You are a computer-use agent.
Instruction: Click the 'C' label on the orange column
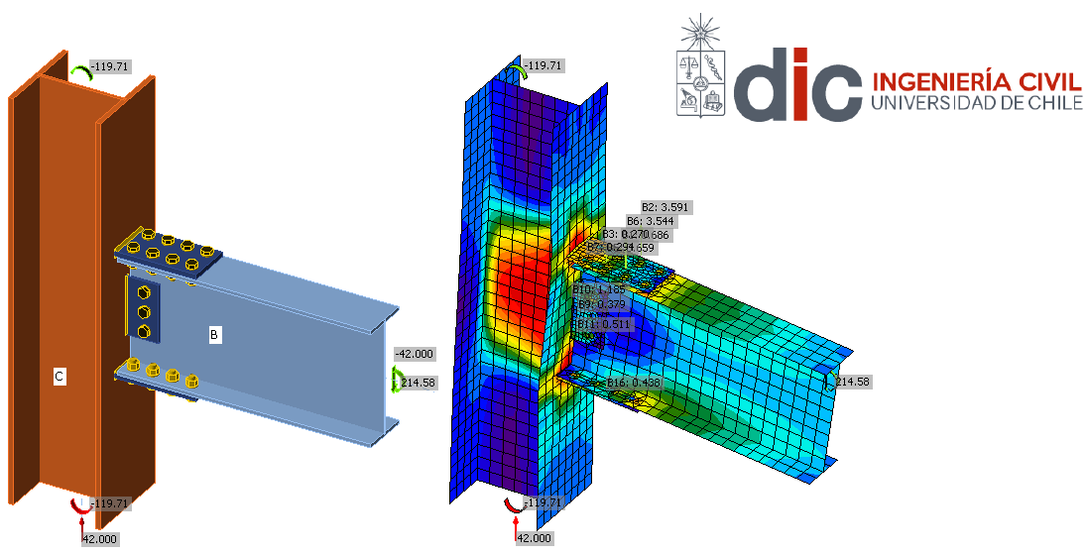(x=60, y=377)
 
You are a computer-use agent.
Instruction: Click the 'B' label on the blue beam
(x=214, y=335)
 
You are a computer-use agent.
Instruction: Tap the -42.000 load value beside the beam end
(x=415, y=354)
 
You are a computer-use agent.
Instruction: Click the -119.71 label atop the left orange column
(x=109, y=66)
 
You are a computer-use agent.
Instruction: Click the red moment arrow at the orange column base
(x=79, y=506)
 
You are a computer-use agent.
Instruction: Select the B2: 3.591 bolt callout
(x=666, y=207)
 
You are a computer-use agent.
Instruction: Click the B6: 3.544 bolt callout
(x=651, y=221)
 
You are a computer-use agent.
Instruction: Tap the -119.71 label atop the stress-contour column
(x=543, y=66)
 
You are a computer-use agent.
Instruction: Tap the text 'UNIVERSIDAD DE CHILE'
(x=975, y=102)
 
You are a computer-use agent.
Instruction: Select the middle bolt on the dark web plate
(x=143, y=312)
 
